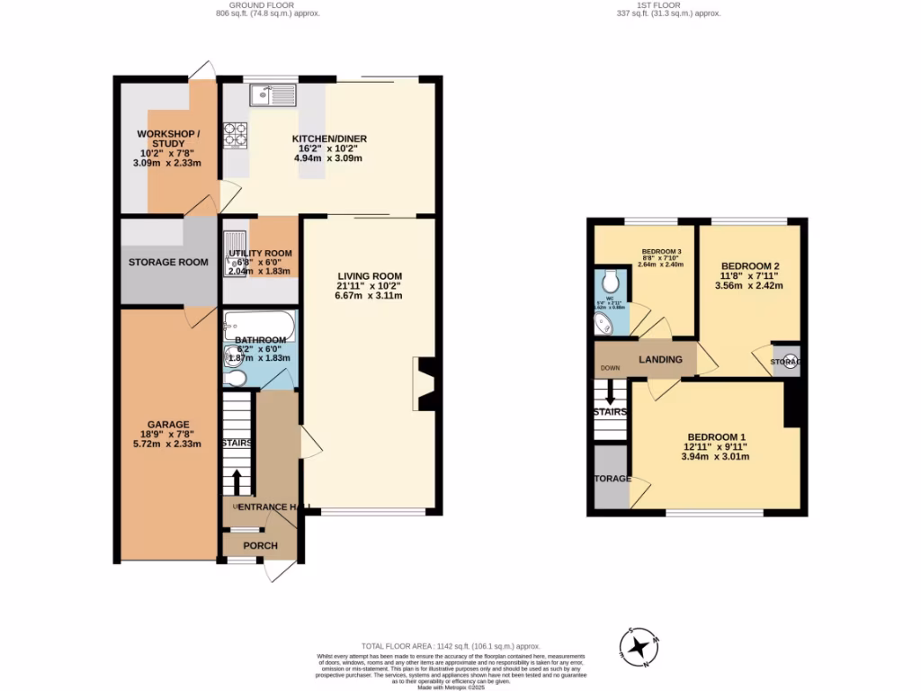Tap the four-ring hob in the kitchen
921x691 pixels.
(x=236, y=134)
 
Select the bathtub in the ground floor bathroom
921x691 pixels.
(x=259, y=323)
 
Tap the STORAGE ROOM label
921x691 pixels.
(x=168, y=263)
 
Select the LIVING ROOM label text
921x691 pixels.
(x=369, y=276)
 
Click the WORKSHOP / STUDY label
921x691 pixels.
(x=162, y=139)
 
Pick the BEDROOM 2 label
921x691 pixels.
(x=749, y=265)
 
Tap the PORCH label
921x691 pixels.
(x=259, y=546)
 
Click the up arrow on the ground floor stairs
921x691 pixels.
(x=237, y=481)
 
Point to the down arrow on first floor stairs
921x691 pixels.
(x=611, y=394)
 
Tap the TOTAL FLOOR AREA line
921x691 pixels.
(x=451, y=646)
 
